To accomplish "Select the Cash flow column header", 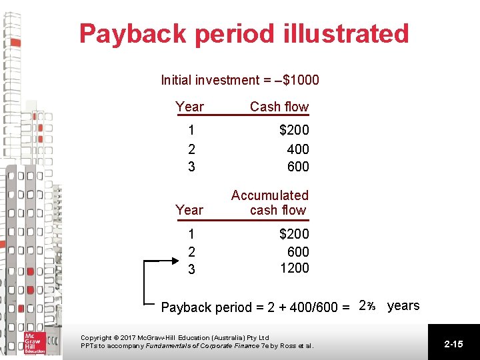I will click(279, 107).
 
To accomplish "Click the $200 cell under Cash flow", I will click(294, 131).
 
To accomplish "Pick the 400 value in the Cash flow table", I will click(298, 149).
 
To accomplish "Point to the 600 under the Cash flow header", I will click(298, 167).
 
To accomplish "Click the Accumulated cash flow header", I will click(270, 203).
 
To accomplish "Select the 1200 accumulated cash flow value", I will click(294, 268).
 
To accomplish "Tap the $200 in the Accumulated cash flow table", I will click(294, 234).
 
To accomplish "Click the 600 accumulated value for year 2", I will click(298, 251).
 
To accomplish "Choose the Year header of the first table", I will click(189, 107).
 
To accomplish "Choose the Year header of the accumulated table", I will click(189, 210).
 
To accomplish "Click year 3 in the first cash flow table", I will click(191, 167).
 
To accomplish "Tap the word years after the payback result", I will click(403, 306).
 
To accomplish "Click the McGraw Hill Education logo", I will click(32, 342).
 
